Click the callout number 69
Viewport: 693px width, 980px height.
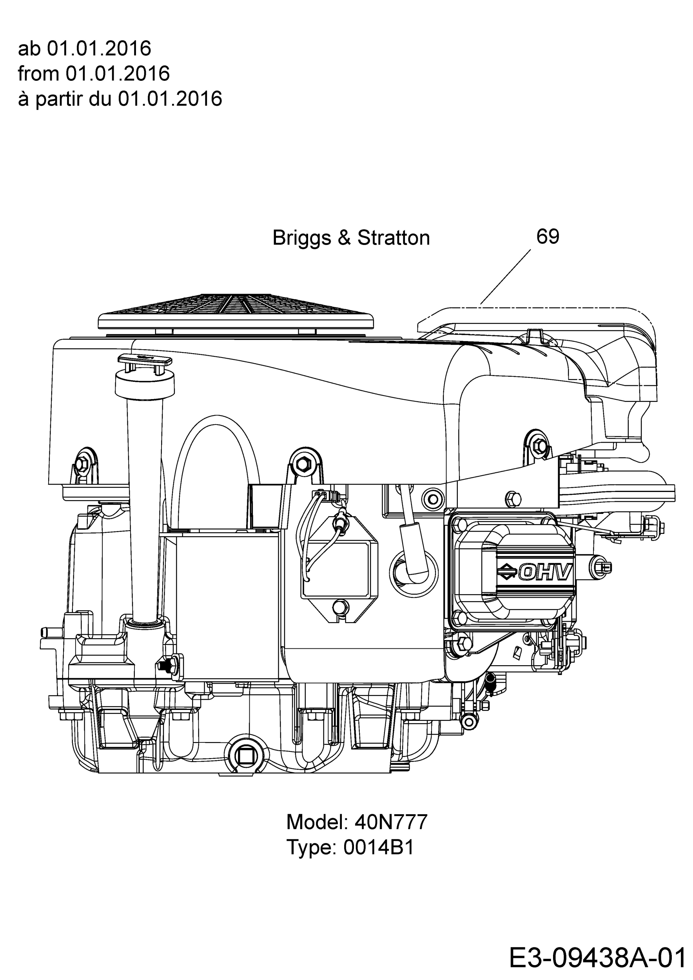tap(548, 236)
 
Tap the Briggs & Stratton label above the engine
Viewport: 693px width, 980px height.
tap(351, 238)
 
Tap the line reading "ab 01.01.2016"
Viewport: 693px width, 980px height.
tap(85, 49)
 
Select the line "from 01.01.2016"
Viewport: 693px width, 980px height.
tap(94, 74)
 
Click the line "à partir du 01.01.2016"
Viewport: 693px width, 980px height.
tap(120, 99)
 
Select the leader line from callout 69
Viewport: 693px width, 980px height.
tap(506, 277)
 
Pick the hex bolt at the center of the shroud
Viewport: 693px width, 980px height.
tap(304, 462)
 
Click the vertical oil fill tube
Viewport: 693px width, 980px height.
tap(145, 508)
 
